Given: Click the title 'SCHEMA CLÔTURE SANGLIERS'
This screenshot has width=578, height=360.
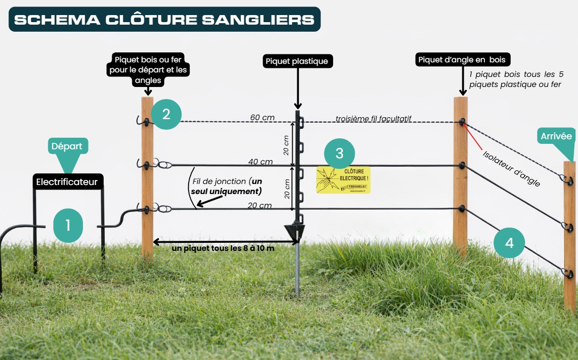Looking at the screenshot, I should pos(164,20).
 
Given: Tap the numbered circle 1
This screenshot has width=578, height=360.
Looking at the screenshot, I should pos(68,225).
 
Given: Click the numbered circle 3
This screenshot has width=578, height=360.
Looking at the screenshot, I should pos(340,153).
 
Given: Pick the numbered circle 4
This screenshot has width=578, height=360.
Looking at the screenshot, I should pos(509,243).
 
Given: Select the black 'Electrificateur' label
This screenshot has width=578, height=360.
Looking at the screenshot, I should pos(66,182).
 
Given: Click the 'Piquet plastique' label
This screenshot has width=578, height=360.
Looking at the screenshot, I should pos(297,61).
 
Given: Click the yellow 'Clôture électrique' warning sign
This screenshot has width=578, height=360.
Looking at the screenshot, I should pos(343,180).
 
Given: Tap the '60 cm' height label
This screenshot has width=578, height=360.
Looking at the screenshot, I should pos(262,118).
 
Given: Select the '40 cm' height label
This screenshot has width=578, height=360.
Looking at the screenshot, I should pos(260,161).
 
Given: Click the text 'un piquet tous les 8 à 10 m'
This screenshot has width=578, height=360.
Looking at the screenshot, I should pos(223,248).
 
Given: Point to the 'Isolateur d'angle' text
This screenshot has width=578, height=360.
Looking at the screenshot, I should pos(511,168).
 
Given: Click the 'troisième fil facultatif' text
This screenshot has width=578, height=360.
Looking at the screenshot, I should pos(373,119).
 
